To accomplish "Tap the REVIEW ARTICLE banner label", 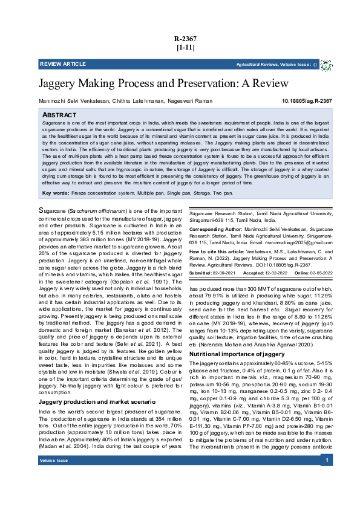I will (x=63, y=63).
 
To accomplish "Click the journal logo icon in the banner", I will (x=326, y=64).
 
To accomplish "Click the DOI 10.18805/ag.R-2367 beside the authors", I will (x=307, y=101).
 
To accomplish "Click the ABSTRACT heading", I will (x=59, y=115).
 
